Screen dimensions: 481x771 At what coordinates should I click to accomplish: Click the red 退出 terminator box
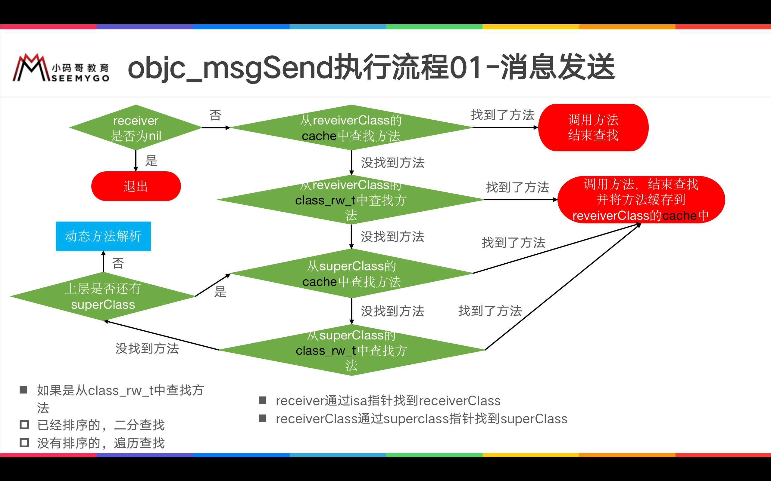136,186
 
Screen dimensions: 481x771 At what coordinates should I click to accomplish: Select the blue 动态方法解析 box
103,236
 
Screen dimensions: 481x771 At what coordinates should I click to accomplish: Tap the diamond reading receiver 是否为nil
136,127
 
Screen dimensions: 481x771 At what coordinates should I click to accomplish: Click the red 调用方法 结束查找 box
593,127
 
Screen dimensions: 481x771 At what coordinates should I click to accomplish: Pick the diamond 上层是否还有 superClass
103,296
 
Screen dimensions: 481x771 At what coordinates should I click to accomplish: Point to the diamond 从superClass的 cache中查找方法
351,274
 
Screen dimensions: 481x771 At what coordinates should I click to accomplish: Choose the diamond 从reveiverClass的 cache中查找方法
351,127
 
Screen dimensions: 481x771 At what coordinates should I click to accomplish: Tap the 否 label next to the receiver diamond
215,115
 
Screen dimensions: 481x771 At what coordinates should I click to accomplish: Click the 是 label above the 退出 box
151,161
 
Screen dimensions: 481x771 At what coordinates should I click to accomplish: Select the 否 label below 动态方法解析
118,263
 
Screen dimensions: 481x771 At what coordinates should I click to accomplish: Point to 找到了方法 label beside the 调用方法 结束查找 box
503,115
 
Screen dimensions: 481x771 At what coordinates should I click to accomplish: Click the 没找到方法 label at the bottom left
147,348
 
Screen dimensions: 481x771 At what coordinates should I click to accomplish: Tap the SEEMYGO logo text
80,78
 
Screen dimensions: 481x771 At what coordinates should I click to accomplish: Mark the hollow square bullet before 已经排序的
24,425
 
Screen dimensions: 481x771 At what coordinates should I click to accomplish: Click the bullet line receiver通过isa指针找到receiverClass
388,401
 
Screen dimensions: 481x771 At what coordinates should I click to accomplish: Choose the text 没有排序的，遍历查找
101,443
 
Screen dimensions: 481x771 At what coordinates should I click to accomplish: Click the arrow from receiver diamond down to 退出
136,161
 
